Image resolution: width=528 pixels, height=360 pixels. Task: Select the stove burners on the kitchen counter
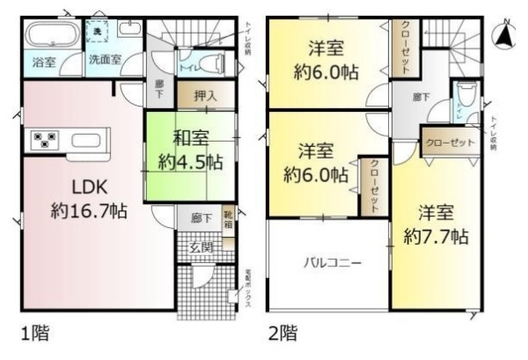[x=42, y=140]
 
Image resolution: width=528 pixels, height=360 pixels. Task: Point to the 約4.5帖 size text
[x=190, y=162]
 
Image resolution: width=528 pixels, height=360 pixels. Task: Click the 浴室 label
[x=43, y=62]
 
